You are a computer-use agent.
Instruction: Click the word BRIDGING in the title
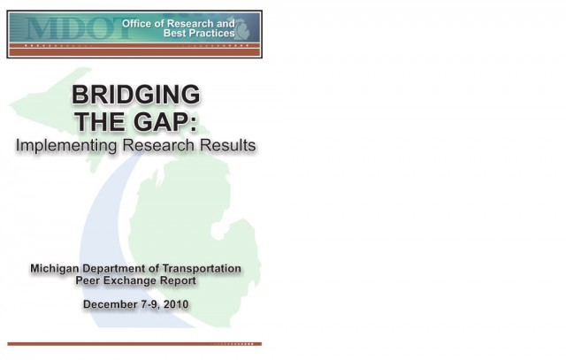[135, 95]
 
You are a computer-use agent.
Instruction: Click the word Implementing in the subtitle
[66, 146]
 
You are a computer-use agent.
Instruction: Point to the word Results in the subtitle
[228, 145]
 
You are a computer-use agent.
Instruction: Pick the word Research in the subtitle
[158, 145]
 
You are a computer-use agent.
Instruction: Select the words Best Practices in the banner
[199, 34]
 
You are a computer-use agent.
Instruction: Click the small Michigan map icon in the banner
[241, 27]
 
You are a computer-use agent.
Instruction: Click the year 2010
[176, 304]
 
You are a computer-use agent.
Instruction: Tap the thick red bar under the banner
[134, 53]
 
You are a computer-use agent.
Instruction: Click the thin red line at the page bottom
[134, 344]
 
